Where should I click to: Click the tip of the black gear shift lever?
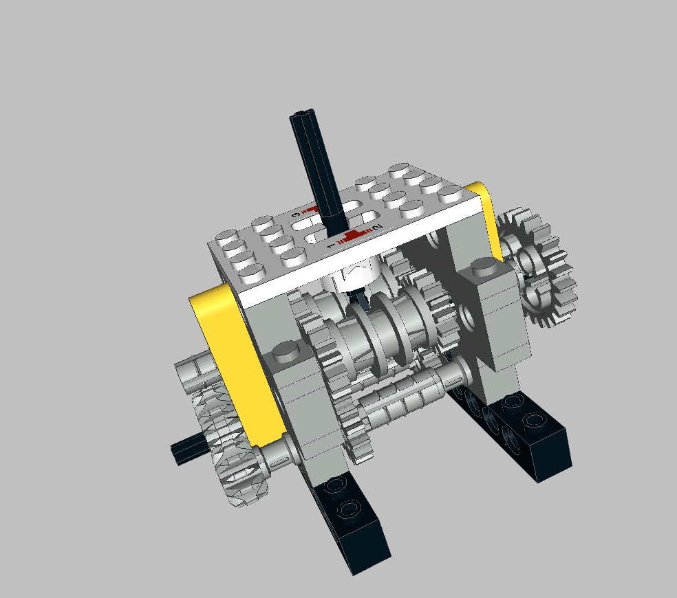coord(301,118)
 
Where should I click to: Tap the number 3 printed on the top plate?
coord(297,214)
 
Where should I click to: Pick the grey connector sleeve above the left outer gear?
coord(193,372)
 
